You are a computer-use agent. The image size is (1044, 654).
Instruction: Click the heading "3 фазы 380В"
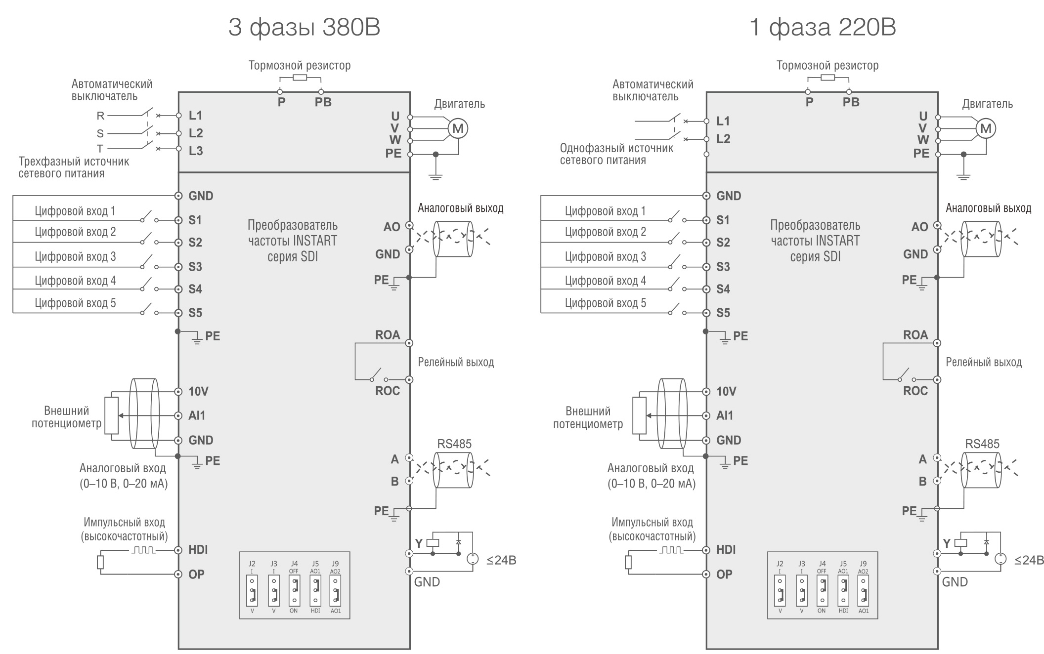304,28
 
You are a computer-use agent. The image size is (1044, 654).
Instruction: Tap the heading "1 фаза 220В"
823,28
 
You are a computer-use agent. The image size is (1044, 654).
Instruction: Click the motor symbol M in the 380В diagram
458,129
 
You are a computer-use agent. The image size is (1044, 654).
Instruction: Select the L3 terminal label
196,151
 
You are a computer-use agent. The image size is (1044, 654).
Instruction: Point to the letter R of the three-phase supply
100,116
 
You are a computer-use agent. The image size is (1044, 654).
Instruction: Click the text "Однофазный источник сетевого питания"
616,154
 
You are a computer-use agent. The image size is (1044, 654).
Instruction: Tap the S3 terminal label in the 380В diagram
195,267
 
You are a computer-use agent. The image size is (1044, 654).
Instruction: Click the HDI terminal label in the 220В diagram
726,550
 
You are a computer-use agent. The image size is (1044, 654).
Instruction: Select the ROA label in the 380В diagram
388,335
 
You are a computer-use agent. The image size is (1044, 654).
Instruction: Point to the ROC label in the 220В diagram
915,391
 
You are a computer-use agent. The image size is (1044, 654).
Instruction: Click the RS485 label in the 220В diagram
982,444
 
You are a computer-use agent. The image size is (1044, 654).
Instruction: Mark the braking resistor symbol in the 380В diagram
300,78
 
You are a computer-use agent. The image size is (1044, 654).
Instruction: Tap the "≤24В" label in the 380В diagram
501,560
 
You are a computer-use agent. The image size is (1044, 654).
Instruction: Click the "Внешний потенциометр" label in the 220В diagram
588,417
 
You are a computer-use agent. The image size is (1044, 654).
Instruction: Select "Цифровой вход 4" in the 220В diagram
605,281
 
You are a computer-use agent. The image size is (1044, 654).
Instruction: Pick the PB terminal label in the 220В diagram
851,102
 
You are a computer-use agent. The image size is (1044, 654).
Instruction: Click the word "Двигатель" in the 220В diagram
987,104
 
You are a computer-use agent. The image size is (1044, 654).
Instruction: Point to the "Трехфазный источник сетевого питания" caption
74,167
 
